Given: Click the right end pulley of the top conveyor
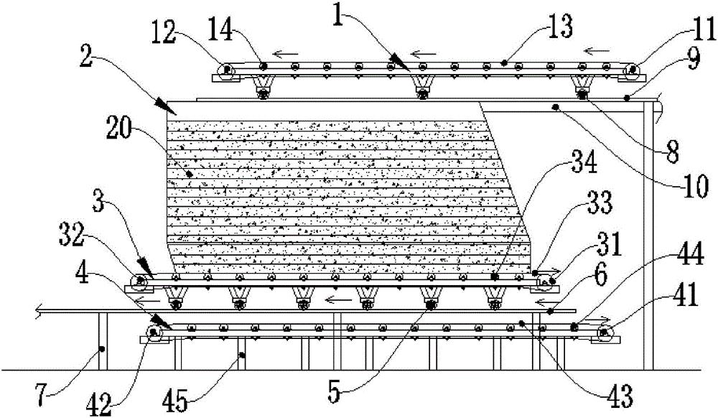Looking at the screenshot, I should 633,70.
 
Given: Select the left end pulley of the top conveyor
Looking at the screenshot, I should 226,70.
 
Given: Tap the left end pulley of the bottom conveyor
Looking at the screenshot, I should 153,332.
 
